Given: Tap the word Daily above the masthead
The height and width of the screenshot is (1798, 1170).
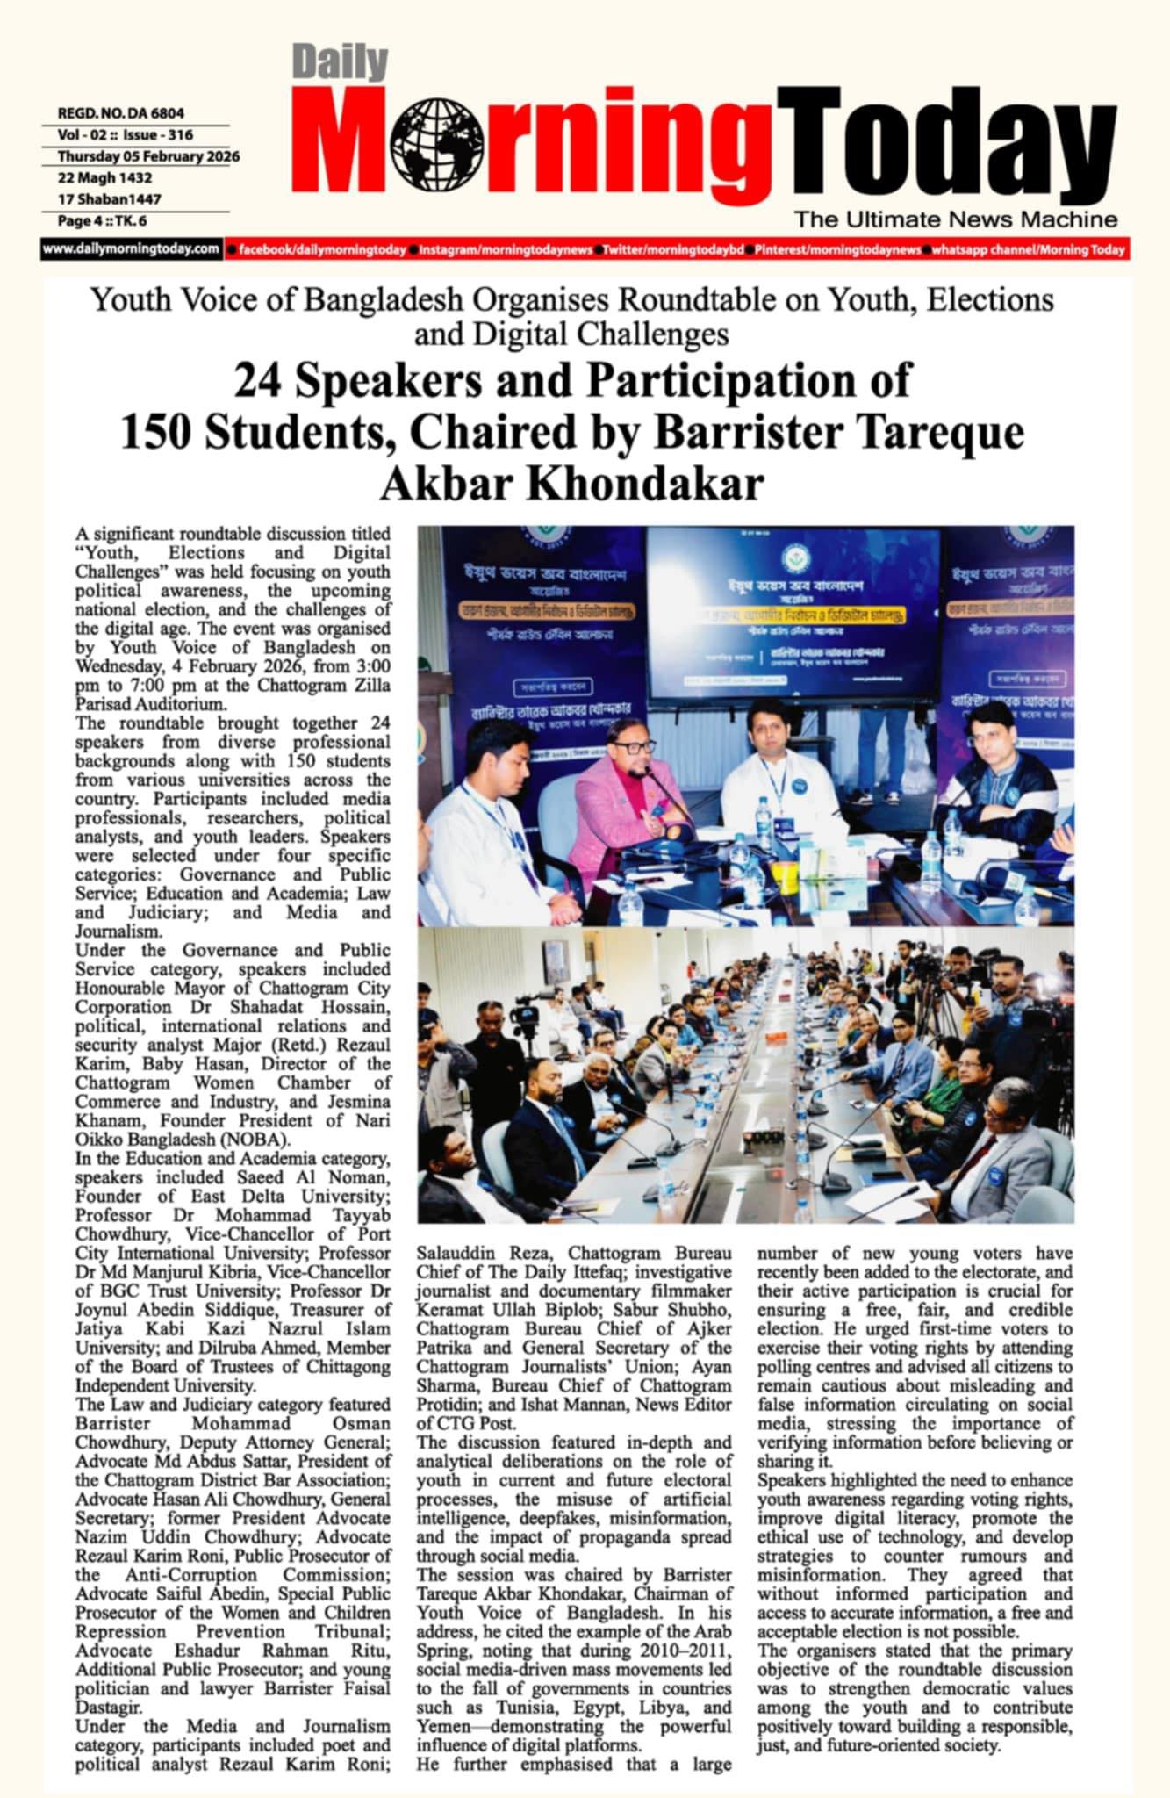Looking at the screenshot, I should pos(340,63).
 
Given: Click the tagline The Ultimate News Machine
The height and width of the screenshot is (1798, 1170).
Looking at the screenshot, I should pos(956,219).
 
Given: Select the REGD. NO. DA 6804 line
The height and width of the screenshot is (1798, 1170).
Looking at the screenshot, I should pos(121,113).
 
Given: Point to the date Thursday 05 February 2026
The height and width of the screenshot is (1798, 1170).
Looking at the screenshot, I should pos(148,156).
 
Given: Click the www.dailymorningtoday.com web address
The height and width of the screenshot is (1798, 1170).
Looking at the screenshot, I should pos(131,249).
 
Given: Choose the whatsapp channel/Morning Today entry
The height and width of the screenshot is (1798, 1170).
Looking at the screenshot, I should pos(1027,250).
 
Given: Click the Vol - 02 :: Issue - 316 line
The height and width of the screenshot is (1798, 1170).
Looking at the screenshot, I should pos(126,135).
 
